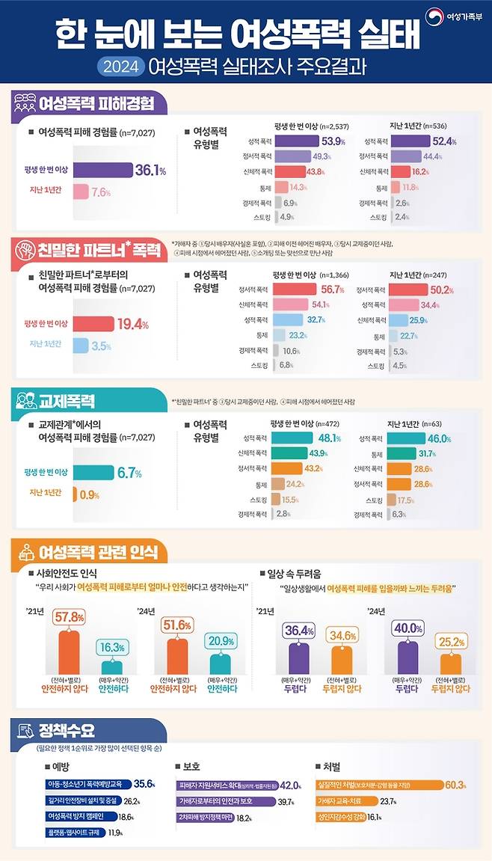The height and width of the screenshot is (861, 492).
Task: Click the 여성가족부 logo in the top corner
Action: click(453, 15)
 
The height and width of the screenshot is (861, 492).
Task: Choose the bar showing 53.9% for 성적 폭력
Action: click(297, 141)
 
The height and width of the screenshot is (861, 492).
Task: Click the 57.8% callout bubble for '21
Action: click(68, 618)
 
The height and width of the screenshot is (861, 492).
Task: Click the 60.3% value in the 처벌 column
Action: click(455, 785)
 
